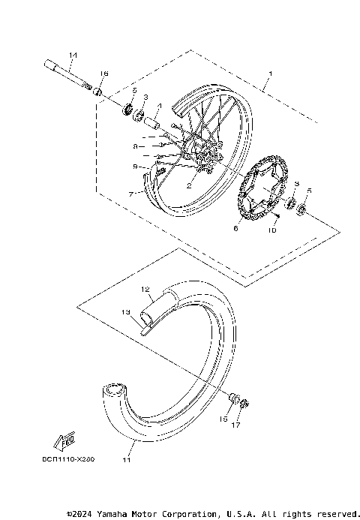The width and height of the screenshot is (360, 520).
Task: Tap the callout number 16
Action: click(x=104, y=74)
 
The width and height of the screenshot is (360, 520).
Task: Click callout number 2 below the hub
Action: click(x=190, y=183)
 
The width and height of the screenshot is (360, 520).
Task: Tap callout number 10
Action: click(x=273, y=232)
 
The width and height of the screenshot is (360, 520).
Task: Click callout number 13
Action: click(x=126, y=311)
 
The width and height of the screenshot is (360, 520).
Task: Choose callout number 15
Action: click(x=223, y=419)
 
